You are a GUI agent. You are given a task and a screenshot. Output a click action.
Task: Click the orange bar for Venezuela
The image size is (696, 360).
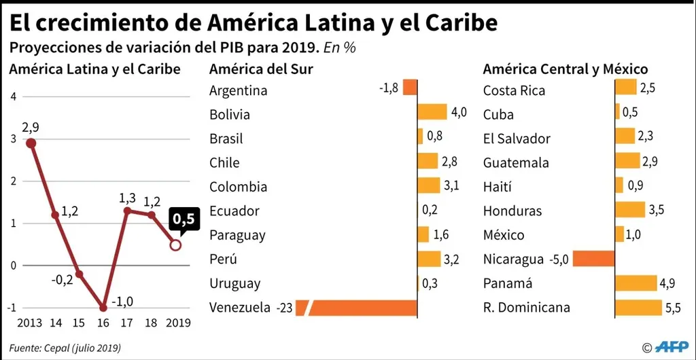coord(364,308)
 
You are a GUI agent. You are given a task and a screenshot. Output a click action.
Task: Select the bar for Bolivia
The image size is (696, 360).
coord(432,112)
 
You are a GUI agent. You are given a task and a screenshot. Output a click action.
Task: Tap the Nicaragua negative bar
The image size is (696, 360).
coord(594,259)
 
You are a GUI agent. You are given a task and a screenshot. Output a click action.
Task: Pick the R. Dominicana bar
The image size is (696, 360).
coord(638,308)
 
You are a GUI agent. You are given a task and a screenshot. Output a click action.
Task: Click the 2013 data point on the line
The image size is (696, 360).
coord(31,143)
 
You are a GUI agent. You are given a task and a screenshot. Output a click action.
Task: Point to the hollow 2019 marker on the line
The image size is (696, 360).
coord(175,245)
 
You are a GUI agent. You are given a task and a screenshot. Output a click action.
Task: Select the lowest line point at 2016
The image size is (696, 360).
coord(103,307)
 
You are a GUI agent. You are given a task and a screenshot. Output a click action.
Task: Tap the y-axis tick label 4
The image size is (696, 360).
coord(14,96)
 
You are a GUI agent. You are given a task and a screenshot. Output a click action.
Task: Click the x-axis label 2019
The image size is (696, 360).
coord(177,323)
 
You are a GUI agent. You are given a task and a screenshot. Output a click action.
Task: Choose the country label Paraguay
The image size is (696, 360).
coord(237,235)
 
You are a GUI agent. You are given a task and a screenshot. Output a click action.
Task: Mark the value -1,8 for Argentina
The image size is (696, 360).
coord(389,88)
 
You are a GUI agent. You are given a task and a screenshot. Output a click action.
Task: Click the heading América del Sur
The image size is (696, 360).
coord(261,69)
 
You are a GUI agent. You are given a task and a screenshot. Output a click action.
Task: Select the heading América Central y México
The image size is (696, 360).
coord(565,69)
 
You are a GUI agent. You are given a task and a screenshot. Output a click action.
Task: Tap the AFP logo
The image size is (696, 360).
coord(672,346)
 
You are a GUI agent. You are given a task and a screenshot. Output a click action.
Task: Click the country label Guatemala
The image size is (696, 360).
coord(516,163)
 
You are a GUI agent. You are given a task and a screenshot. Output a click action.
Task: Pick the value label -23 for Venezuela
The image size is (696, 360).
coord(284,308)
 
